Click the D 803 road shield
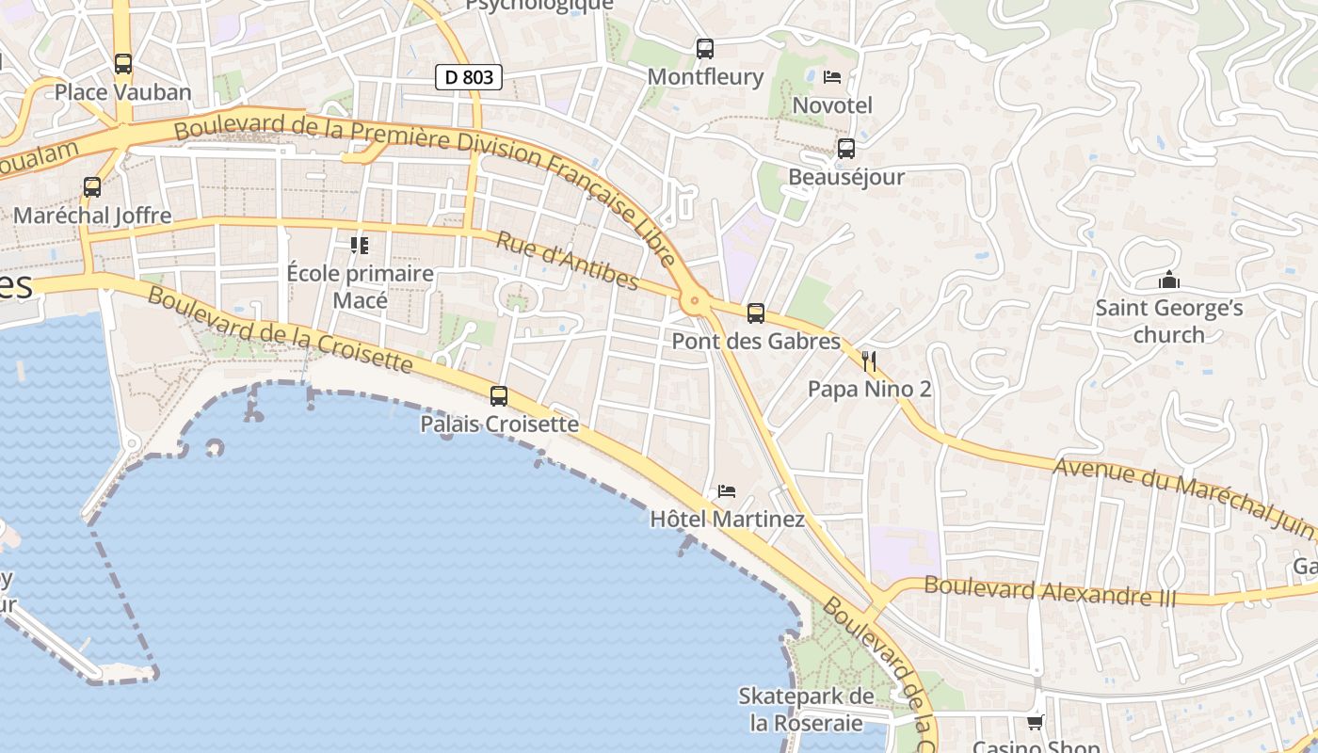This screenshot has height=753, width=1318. [468, 77]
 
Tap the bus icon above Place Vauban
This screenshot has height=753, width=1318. [123, 64]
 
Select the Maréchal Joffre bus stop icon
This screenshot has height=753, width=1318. [92, 187]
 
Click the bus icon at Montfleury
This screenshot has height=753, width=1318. [705, 49]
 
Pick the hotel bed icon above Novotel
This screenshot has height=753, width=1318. [832, 77]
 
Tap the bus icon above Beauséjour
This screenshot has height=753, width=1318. [846, 149]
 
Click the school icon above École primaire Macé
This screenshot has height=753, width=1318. [360, 246]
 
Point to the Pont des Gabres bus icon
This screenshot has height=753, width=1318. [756, 313]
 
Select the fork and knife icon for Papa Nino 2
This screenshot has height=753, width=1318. [869, 360]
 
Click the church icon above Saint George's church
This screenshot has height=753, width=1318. [1169, 280]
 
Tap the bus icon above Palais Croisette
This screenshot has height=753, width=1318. [499, 396]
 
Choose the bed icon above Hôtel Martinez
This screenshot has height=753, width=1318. [727, 491]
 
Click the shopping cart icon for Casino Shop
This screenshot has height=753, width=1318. [1036, 722]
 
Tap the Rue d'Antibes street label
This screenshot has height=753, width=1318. [567, 261]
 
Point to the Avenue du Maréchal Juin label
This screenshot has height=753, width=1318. [1182, 497]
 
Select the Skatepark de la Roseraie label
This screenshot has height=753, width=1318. [806, 710]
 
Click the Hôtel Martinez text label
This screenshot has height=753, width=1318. [728, 520]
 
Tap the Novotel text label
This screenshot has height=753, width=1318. [832, 105]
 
